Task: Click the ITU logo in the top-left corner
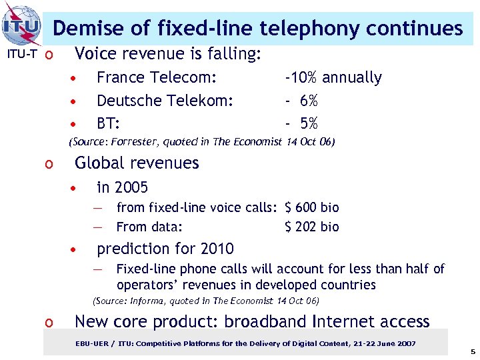(x=21, y=25)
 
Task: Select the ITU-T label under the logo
(x=19, y=53)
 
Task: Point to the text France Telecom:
(x=157, y=78)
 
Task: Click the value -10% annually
(x=333, y=78)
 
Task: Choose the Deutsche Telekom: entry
(x=165, y=101)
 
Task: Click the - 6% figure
(x=301, y=101)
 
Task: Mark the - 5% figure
(x=301, y=124)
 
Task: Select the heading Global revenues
(x=137, y=163)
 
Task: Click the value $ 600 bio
(x=311, y=207)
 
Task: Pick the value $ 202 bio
(x=311, y=227)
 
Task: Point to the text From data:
(x=149, y=227)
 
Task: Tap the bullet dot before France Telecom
(x=77, y=79)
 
